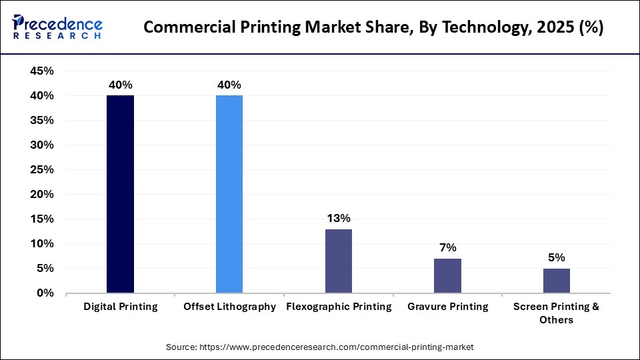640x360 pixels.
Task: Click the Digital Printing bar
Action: (120, 194)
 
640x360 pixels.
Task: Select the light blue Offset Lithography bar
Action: (229, 194)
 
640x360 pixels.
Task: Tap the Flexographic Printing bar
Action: (339, 261)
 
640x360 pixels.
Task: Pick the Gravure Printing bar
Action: (447, 275)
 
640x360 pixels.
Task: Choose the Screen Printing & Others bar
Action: (557, 281)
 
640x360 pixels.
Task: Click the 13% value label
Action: (339, 218)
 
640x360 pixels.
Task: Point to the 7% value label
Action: (447, 247)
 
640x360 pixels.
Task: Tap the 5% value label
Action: (557, 257)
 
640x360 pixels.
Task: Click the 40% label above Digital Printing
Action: (120, 85)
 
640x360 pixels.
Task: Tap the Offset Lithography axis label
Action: (229, 307)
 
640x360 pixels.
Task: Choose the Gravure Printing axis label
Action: (447, 307)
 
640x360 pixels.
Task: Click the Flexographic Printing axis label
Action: (339, 307)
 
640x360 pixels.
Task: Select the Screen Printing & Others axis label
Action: (557, 313)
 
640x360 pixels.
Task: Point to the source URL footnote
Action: (319, 347)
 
